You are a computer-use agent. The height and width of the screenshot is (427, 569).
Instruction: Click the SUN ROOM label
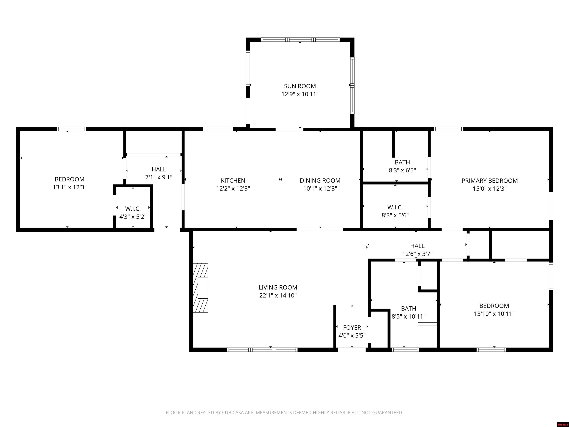pos(300,86)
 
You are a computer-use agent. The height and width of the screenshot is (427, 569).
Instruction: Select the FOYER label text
pos(352,328)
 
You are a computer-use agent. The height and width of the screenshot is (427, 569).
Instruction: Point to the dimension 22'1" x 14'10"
pos(278,295)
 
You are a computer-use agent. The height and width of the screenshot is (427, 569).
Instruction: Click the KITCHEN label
pos(233,181)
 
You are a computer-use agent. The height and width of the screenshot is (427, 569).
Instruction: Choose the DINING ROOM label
pos(320,181)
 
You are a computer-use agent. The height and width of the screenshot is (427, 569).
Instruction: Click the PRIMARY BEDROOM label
pos(490,181)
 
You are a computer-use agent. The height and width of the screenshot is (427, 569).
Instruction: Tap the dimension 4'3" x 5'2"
pos(133,217)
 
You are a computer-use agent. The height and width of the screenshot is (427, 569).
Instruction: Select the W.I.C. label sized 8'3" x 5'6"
pos(395,207)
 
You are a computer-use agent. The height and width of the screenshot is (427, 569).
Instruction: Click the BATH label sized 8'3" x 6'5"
pos(402,162)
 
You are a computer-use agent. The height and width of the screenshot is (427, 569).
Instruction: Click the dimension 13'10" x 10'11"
pos(494,314)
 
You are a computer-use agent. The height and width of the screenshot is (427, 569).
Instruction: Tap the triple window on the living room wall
pos(262,350)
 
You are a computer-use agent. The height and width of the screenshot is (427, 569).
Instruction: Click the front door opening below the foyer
pos(352,350)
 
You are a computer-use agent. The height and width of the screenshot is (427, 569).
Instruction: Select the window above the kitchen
pos(218,129)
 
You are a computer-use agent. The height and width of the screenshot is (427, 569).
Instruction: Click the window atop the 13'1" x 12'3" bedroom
pos(71,129)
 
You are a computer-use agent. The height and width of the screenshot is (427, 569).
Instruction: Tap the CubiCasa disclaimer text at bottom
pos(284,413)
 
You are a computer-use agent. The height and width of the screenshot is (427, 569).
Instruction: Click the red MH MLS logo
pos(563,424)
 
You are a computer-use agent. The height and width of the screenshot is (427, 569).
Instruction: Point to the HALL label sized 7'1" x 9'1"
pos(159,169)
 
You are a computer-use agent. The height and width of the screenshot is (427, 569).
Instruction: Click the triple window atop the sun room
pos(300,40)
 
